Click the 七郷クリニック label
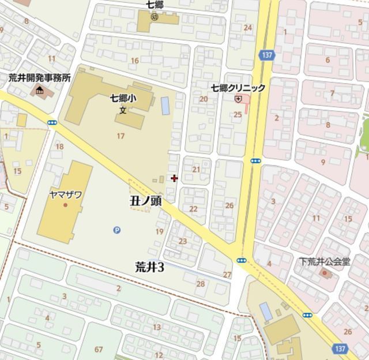click(x=238, y=88)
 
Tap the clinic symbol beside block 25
click(x=238, y=99)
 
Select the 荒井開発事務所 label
click(x=39, y=78)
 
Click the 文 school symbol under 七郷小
click(x=123, y=110)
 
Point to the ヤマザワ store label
click(x=65, y=194)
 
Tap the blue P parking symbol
click(x=117, y=230)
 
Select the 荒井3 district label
click(x=149, y=267)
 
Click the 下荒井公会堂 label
click(x=325, y=261)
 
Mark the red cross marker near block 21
click(x=174, y=178)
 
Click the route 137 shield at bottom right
click(x=340, y=349)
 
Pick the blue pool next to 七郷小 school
click(x=165, y=105)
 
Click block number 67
click(x=99, y=349)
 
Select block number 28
click(x=201, y=283)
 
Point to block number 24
click(x=248, y=28)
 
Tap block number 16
click(x=135, y=60)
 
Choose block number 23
click(x=183, y=241)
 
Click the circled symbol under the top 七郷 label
click(x=154, y=17)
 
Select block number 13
click(x=156, y=327)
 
